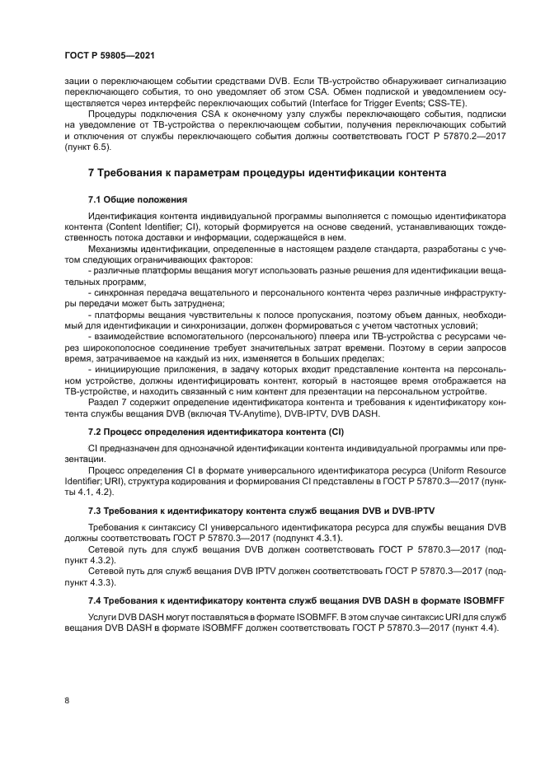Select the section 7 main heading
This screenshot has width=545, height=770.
(267, 173)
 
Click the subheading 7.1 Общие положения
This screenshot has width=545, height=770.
(138, 200)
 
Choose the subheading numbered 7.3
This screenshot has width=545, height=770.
(261, 511)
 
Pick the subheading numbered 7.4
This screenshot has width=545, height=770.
(297, 600)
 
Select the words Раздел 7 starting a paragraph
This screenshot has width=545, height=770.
(108, 404)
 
